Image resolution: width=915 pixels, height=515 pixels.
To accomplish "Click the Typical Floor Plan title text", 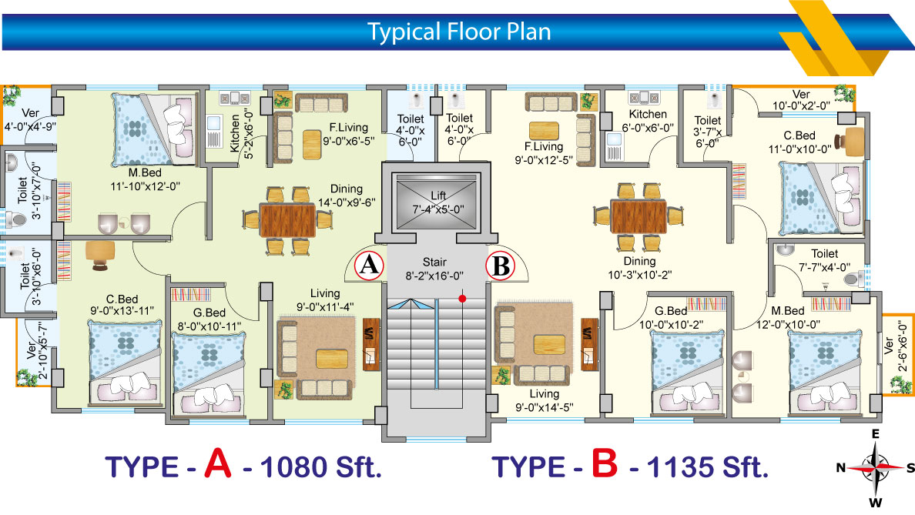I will click(x=458, y=32).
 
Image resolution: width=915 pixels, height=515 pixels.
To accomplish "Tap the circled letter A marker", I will click(x=369, y=266).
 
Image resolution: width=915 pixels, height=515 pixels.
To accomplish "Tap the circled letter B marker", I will click(x=501, y=266).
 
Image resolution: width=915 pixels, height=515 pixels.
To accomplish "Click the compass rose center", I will click(x=875, y=467).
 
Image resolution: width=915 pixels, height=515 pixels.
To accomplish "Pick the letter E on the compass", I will click(x=875, y=434).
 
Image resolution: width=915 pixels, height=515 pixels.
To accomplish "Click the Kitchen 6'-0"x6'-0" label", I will click(x=647, y=121).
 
